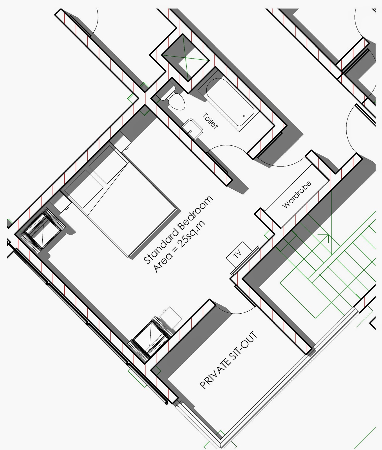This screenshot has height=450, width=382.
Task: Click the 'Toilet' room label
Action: tap(210, 121)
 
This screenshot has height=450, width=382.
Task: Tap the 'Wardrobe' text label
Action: tap(297, 194)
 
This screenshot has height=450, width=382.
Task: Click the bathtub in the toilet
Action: tap(231, 104)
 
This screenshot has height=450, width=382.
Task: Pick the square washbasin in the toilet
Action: tap(192, 129)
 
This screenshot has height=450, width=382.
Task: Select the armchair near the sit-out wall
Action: tap(151, 339)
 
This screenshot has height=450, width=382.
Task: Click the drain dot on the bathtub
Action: tap(244, 116)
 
